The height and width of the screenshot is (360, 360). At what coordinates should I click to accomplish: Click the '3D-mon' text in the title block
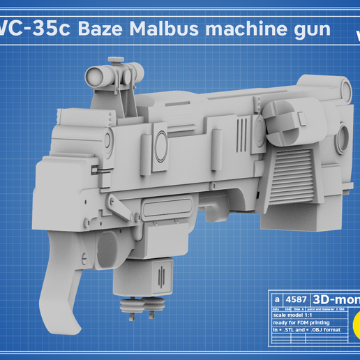point(333,299)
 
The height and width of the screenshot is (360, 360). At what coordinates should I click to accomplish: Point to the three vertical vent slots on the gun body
point(241,130)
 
